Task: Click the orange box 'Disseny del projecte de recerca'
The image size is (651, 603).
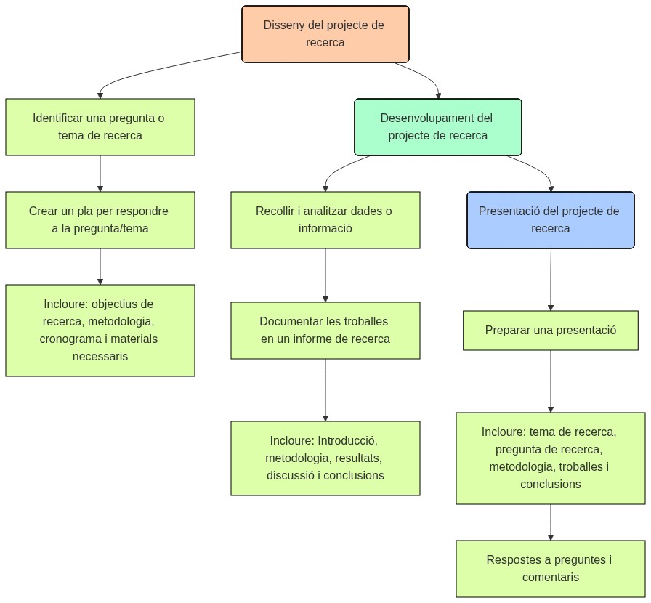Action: pos(325,34)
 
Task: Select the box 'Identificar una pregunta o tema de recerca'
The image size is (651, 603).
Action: pos(100,127)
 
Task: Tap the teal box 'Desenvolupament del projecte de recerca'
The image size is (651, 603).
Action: pos(437,127)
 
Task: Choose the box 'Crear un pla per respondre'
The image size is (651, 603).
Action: pos(100,220)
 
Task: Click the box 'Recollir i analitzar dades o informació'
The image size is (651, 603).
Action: pos(325,220)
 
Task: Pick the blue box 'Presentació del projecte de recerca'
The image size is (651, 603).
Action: pos(550,220)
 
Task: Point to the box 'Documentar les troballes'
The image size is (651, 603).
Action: pos(325,331)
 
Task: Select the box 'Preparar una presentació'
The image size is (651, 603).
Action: pos(550,331)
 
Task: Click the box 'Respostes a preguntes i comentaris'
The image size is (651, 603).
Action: pos(550,569)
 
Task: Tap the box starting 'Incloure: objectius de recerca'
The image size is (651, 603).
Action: pos(100,331)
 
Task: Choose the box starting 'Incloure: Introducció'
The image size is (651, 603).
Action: pos(325,458)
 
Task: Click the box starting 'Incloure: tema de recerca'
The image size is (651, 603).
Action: pos(550,458)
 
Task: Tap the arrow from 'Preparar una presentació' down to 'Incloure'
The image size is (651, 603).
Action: pos(550,381)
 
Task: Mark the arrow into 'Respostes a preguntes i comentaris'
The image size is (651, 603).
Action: pos(550,522)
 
